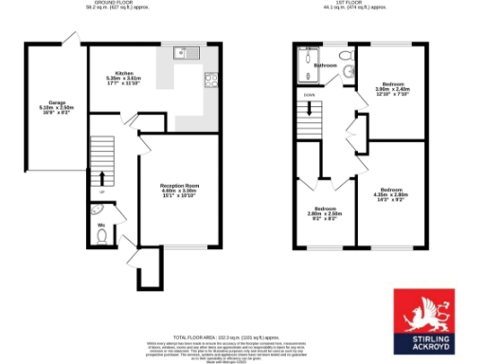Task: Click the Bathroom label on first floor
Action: (x=327, y=65)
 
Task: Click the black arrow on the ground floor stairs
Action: (x=100, y=180)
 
